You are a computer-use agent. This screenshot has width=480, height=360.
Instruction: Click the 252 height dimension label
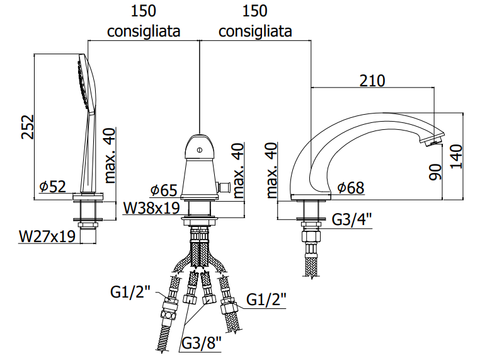pyautogui.click(x=28, y=127)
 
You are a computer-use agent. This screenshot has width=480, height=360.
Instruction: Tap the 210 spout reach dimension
pyautogui.click(x=372, y=81)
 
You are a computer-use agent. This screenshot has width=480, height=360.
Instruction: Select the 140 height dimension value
pyautogui.click(x=456, y=156)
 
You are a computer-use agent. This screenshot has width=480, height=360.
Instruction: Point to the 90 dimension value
pyautogui.click(x=435, y=172)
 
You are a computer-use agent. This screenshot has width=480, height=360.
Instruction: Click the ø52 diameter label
pyautogui.click(x=53, y=186)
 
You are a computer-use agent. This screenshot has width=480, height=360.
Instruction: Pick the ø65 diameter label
pyautogui.click(x=164, y=190)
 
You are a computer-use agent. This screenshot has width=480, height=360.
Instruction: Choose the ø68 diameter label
pyautogui.click(x=351, y=187)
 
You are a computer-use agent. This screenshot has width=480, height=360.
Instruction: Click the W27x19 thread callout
pyautogui.click(x=47, y=236)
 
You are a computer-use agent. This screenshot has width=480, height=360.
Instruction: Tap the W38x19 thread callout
pyautogui.click(x=151, y=208)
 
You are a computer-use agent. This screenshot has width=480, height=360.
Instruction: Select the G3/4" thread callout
pyautogui.click(x=352, y=219)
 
